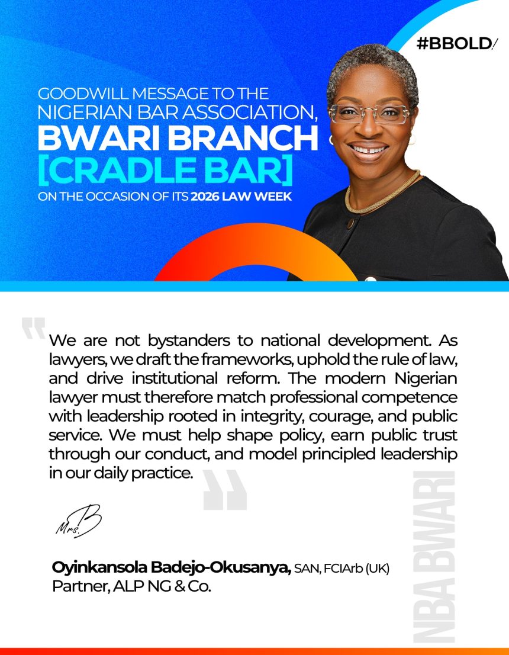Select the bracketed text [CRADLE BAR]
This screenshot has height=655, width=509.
166,171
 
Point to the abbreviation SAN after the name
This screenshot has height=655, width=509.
306,569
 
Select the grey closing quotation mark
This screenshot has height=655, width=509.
225,490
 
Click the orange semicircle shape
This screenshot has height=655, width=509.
254,255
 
